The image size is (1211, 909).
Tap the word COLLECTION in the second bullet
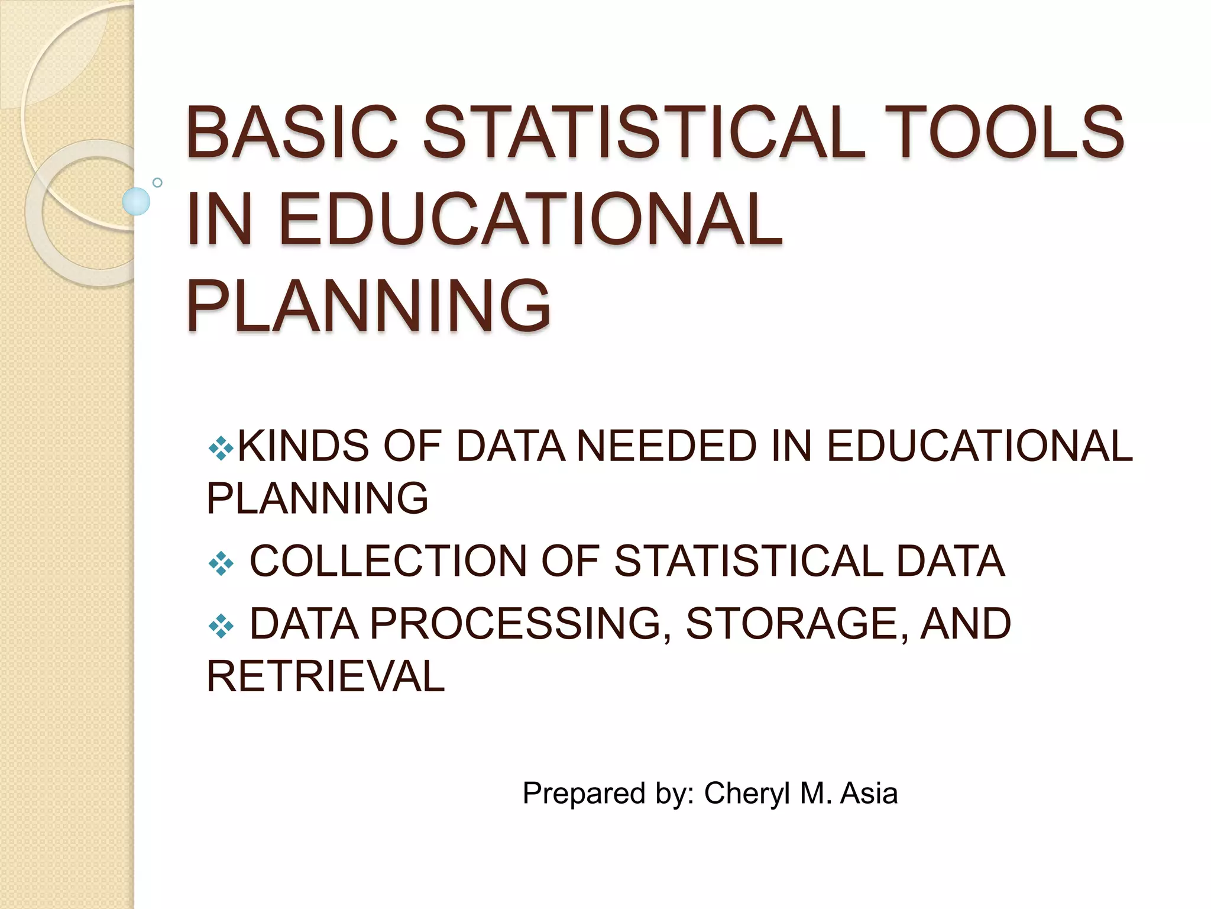coord(388,561)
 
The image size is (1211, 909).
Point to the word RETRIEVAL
coord(325,676)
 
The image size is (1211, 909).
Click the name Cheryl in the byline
coord(747,794)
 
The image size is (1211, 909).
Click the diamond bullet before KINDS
coord(221,449)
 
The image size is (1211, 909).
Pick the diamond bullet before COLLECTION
coord(221,563)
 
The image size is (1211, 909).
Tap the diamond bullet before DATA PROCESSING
coord(221,626)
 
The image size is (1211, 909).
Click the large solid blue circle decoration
coord(136,201)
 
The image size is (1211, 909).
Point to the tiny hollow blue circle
coord(157,182)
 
